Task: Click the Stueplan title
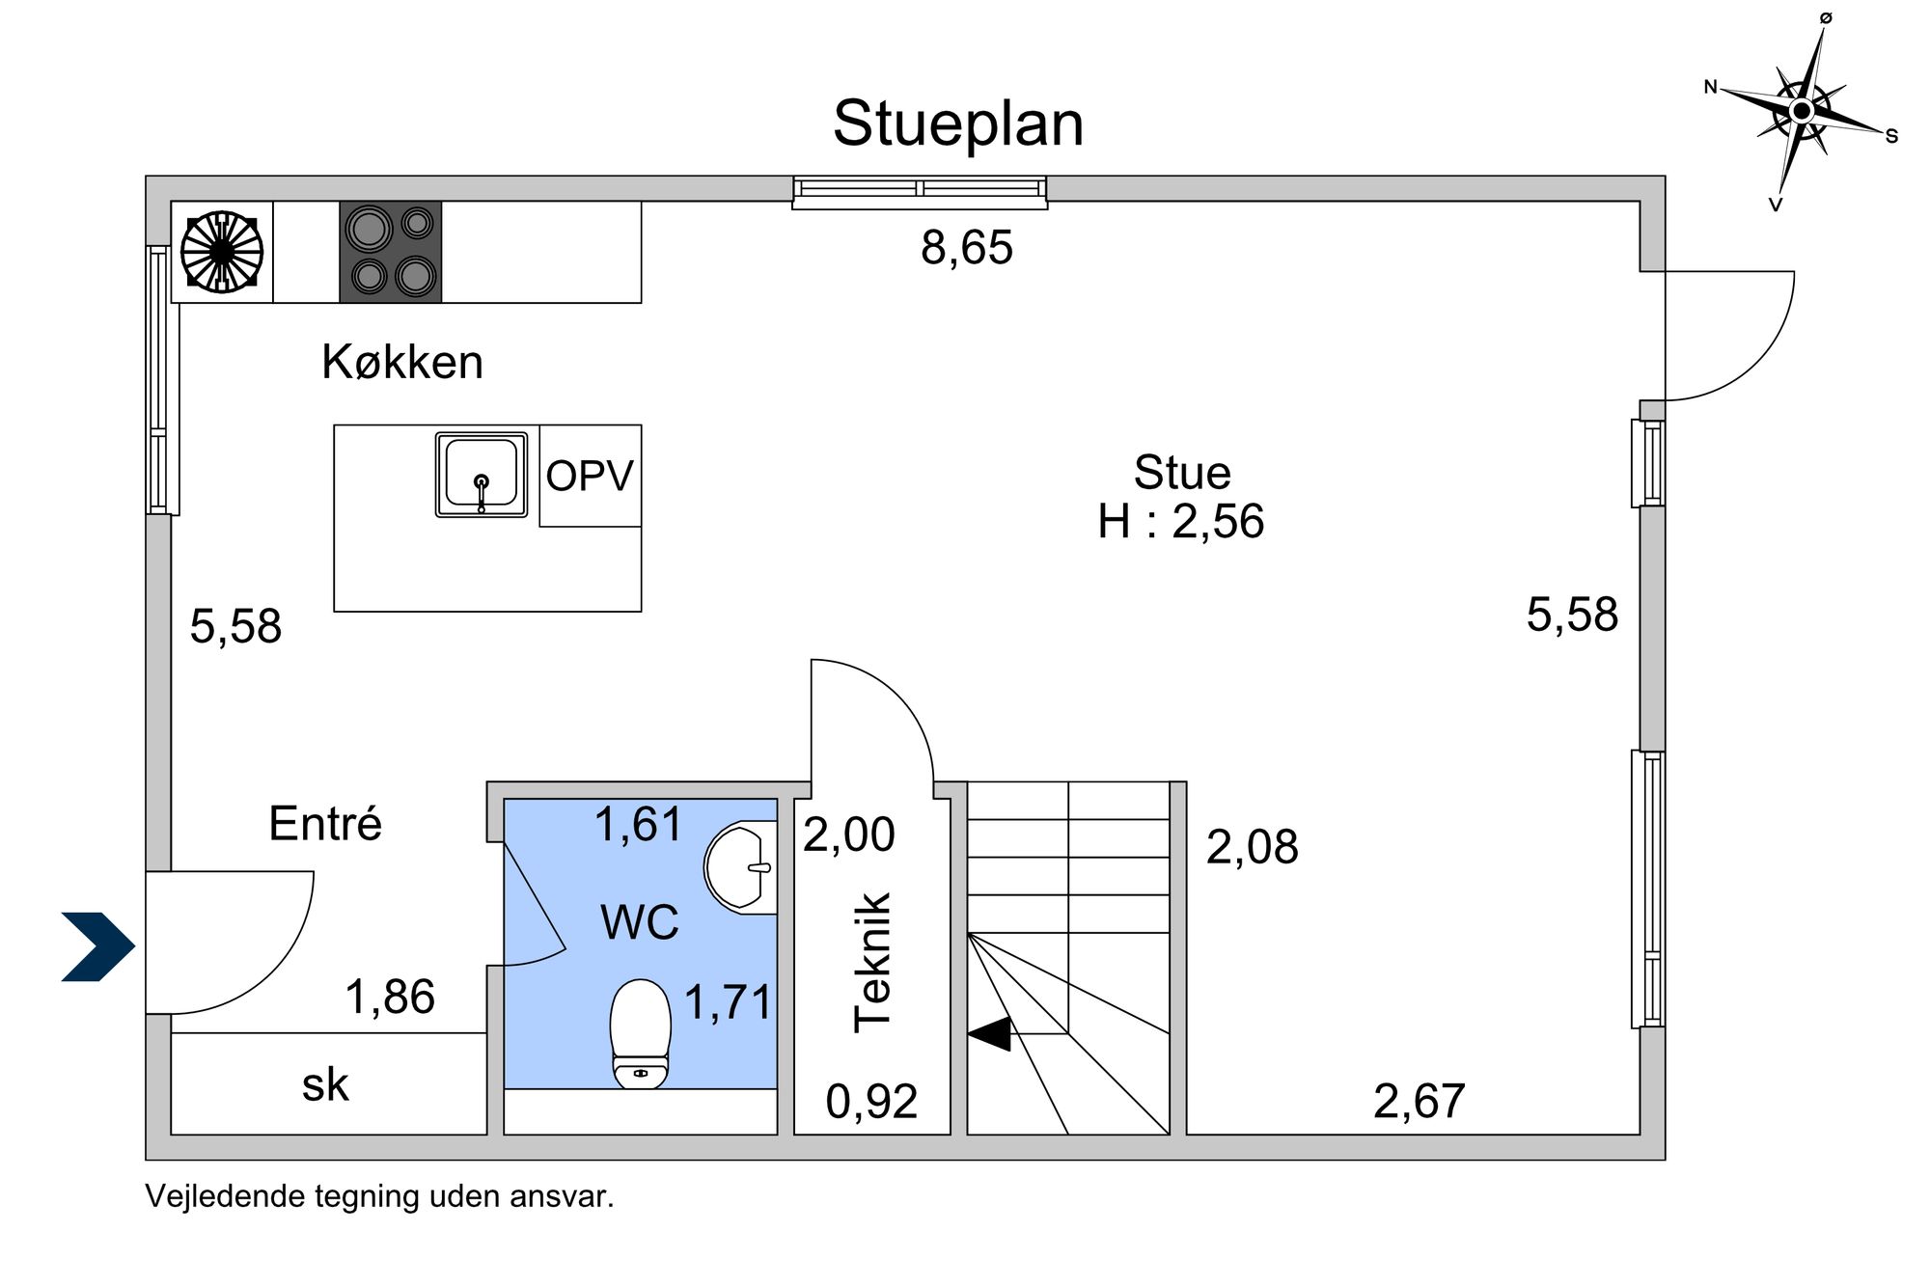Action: pyautogui.click(x=958, y=124)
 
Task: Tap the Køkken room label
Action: pyautogui.click(x=402, y=363)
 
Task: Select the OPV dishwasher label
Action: pyautogui.click(x=590, y=476)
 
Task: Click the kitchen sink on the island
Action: pyautogui.click(x=481, y=475)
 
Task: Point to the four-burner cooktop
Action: pyautogui.click(x=391, y=252)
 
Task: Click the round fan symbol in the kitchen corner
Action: pyautogui.click(x=222, y=252)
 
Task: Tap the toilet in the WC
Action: pyautogui.click(x=641, y=1033)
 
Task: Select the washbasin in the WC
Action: pyautogui.click(x=742, y=866)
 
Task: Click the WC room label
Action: pyautogui.click(x=640, y=922)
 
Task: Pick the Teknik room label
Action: pyautogui.click(x=873, y=963)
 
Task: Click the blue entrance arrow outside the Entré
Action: pyautogui.click(x=98, y=946)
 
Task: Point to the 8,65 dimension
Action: pyautogui.click(x=967, y=248)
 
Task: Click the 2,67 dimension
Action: pyautogui.click(x=1419, y=1102)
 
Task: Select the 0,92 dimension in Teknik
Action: pyautogui.click(x=871, y=1102)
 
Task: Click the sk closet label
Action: pyautogui.click(x=325, y=1084)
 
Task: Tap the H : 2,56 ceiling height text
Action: pyautogui.click(x=1181, y=522)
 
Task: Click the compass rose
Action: pyautogui.click(x=1801, y=111)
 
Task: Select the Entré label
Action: pyautogui.click(x=325, y=824)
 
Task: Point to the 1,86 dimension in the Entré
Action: pyautogui.click(x=390, y=997)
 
